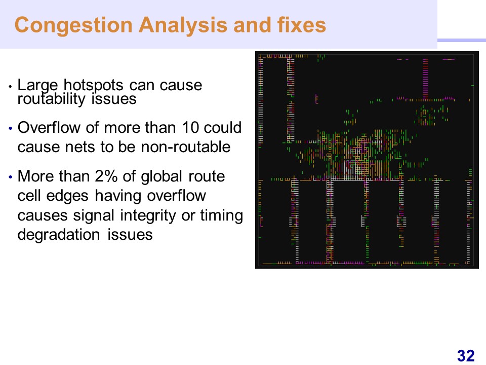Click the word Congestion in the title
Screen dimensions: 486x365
pos(73,25)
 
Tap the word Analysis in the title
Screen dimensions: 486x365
pos(183,25)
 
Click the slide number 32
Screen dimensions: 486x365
pos(466,356)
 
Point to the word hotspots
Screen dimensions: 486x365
pos(94,85)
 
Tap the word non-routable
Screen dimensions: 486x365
pos(186,147)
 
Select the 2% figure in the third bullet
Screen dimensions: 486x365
pos(106,176)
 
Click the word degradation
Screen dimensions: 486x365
pos(59,235)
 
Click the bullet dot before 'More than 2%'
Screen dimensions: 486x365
pos(11,177)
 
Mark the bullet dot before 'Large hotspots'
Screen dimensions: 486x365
pos(11,86)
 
